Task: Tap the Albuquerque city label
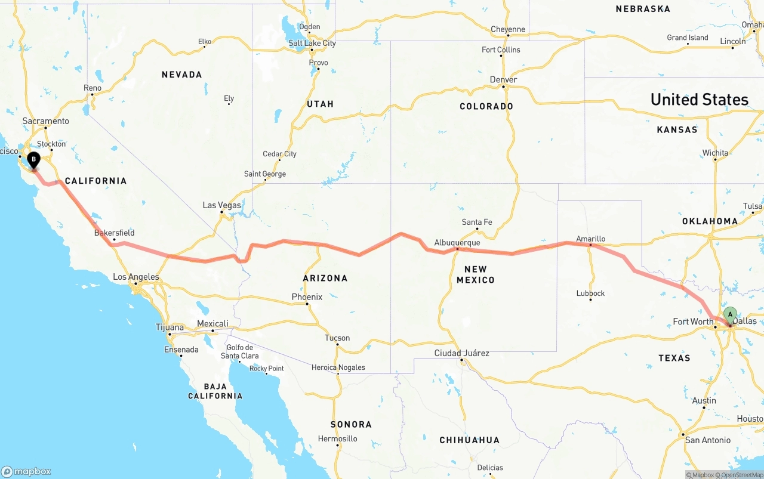click(457, 243)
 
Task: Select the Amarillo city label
click(590, 239)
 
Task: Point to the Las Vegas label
click(222, 205)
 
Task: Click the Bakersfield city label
click(115, 233)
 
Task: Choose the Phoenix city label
click(307, 297)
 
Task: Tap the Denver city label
click(503, 80)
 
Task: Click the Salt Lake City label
click(312, 43)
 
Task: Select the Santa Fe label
click(477, 222)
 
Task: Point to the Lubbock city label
click(590, 293)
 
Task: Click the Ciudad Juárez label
click(461, 353)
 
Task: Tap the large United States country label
click(699, 100)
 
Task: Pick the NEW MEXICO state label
click(476, 274)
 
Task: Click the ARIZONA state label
click(325, 278)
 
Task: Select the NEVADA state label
click(181, 75)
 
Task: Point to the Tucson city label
click(337, 338)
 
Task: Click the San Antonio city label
click(707, 440)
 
